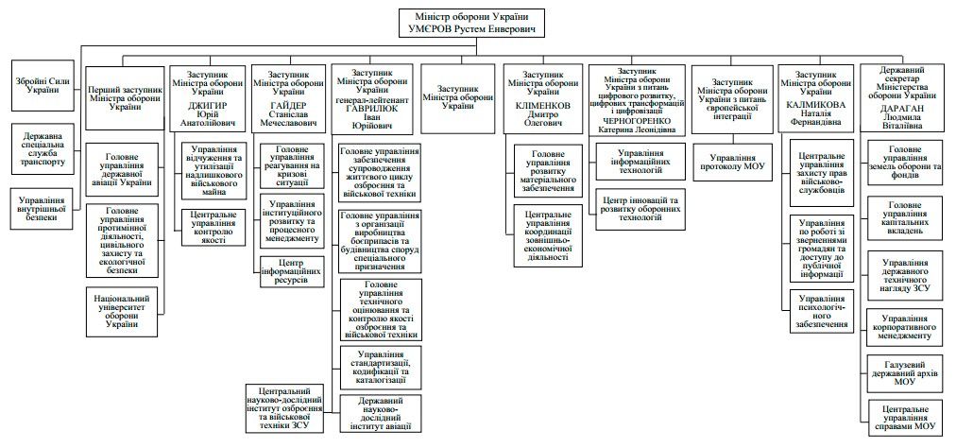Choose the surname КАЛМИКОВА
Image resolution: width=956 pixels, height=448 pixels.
814,106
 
